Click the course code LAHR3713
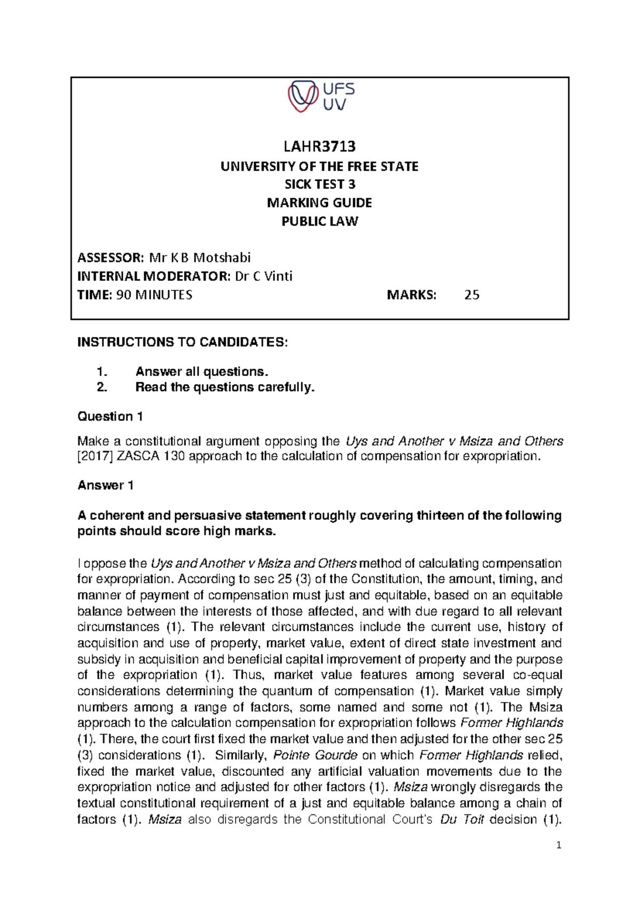click(319, 146)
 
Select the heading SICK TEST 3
click(319, 184)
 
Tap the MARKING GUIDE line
click(319, 203)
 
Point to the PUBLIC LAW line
click(319, 221)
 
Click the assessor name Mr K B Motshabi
click(199, 258)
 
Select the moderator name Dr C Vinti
click(263, 276)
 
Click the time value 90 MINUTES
click(154, 295)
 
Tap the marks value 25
click(471, 295)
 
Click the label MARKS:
click(411, 295)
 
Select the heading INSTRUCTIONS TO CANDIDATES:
click(182, 342)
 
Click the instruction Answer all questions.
click(202, 372)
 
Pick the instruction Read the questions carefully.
click(225, 387)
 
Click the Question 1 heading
click(110, 416)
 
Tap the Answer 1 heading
click(106, 485)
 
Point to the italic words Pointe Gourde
click(315, 755)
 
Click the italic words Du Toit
click(462, 819)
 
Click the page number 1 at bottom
click(558, 845)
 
